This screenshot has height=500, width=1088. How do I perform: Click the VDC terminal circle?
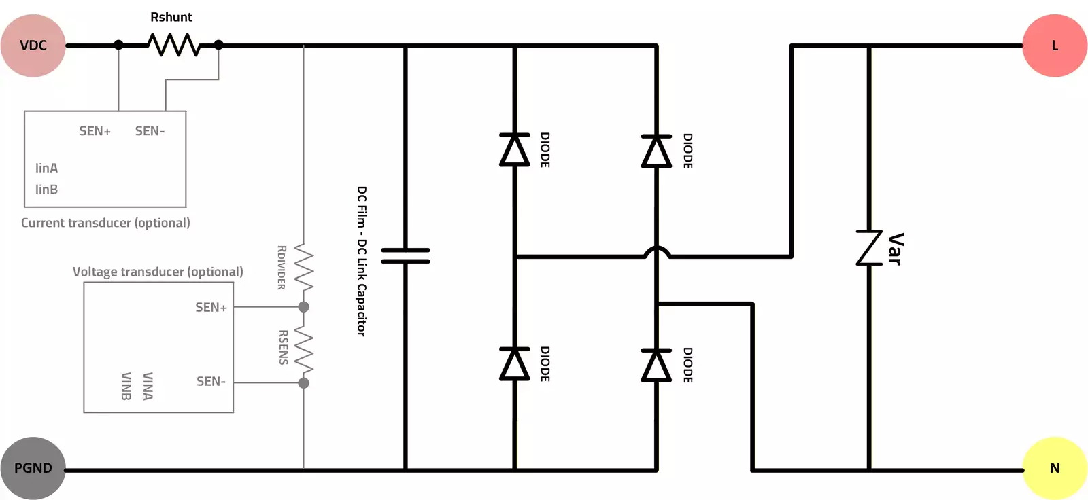tap(33, 46)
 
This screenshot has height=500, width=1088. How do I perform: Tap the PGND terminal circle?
tap(33, 468)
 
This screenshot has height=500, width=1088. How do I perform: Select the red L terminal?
tap(1055, 46)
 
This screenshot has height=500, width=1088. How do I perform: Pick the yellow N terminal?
tap(1055, 468)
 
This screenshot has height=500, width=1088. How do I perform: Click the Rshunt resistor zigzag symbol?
tap(173, 46)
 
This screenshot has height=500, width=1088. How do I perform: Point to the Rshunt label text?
tap(171, 17)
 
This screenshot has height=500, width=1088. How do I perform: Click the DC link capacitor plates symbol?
tap(405, 255)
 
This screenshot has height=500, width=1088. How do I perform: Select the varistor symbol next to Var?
tap(869, 247)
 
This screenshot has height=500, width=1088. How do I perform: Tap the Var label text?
tap(896, 249)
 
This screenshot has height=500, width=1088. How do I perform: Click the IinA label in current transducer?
tap(46, 168)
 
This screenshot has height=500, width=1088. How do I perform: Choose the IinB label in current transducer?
tap(46, 190)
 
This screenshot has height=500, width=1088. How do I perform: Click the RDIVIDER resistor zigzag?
tap(303, 268)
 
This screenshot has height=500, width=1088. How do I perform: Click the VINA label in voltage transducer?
tap(148, 386)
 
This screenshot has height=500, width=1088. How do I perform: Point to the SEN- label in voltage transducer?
tap(211, 382)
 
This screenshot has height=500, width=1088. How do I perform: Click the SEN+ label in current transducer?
tap(95, 131)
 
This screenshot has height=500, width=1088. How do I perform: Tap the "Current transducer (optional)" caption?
tap(105, 223)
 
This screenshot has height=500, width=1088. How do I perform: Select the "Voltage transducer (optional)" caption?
tap(158, 272)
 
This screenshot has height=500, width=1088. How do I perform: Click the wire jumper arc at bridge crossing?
tap(657, 251)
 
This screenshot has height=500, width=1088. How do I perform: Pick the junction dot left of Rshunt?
tap(118, 45)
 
